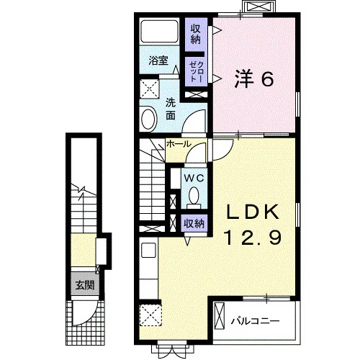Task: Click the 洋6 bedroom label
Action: click(x=254, y=78)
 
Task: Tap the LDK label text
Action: click(x=253, y=212)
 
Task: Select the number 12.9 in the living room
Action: click(x=253, y=237)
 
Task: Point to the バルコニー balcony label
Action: click(x=255, y=321)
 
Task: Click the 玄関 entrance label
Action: click(x=85, y=285)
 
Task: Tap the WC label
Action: click(x=194, y=178)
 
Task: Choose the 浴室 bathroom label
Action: click(x=158, y=60)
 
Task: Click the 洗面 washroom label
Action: click(x=171, y=109)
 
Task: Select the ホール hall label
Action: click(x=179, y=144)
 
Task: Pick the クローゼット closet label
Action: click(x=197, y=72)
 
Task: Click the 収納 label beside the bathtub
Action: click(x=196, y=35)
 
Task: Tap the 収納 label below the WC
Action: click(x=194, y=224)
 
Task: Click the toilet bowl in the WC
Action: click(x=194, y=196)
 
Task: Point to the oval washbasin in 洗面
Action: click(x=149, y=120)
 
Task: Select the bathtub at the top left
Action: click(x=160, y=32)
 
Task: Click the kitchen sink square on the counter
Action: click(x=149, y=250)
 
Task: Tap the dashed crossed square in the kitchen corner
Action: click(x=150, y=315)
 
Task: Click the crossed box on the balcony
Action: click(x=220, y=316)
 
